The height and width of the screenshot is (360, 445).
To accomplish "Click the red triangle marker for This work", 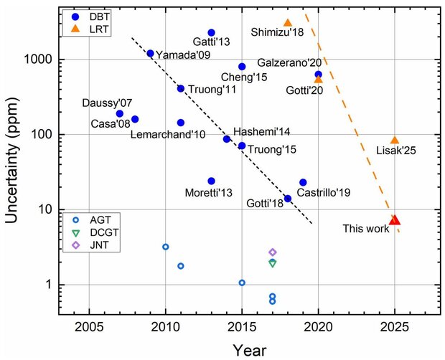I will click(x=394, y=219).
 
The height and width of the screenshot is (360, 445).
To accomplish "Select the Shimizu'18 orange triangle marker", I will click(x=288, y=23).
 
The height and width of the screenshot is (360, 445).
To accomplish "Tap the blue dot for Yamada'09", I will click(x=150, y=53).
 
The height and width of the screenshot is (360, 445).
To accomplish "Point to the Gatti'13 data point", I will click(x=211, y=32).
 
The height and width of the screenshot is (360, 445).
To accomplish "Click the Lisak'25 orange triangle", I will click(x=394, y=141).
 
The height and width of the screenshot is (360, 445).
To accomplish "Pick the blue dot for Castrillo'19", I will click(x=303, y=182).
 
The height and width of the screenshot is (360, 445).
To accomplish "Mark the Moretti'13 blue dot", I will click(x=211, y=181).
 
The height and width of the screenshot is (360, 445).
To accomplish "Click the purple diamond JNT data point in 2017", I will click(x=273, y=252).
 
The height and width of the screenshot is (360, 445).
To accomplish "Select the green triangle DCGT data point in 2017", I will click(x=273, y=263).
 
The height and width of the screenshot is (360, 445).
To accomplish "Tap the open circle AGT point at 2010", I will click(x=165, y=247).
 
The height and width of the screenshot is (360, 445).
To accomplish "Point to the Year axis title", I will click(x=250, y=349).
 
